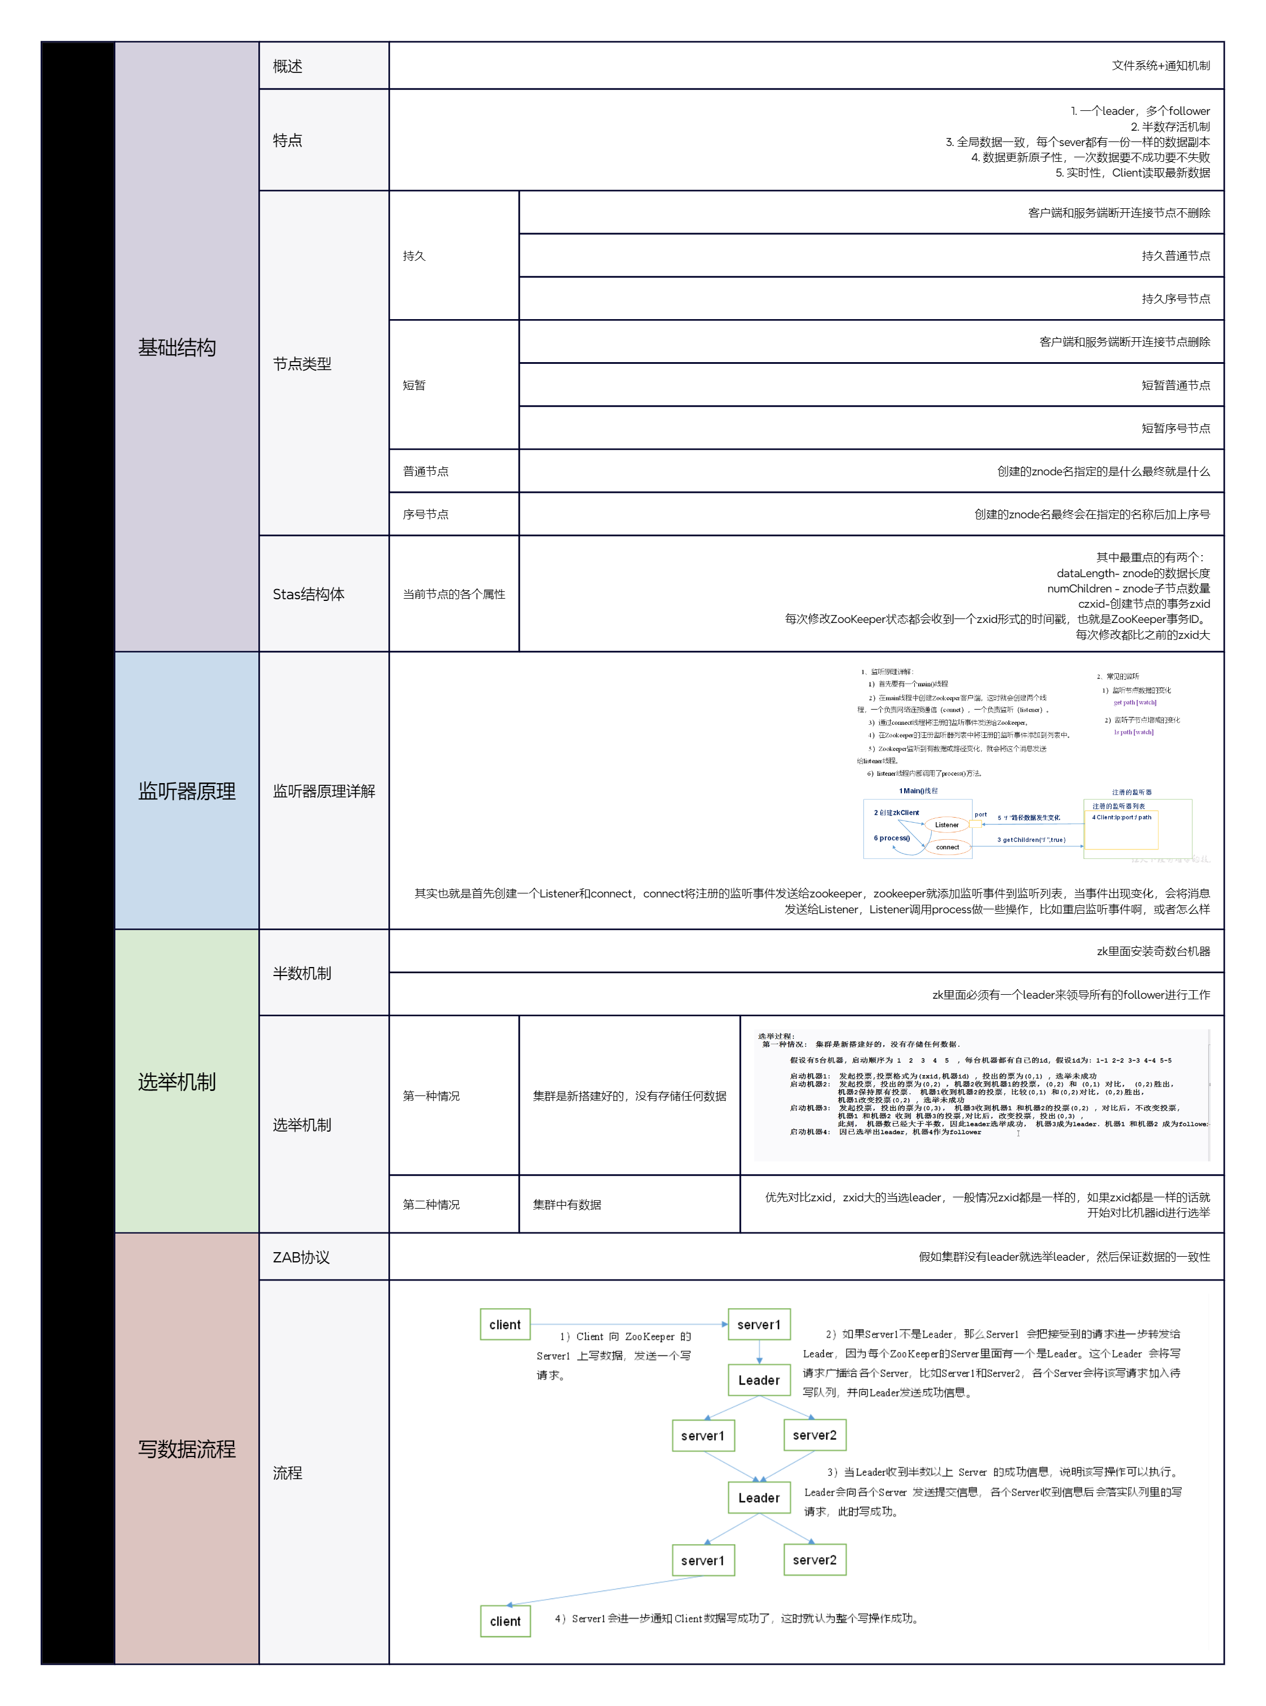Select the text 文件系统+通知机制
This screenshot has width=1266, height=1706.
pos(1160,66)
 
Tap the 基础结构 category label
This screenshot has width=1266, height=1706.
pos(177,347)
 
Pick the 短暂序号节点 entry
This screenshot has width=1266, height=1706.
pos(1176,428)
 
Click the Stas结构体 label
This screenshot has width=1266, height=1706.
pos(308,594)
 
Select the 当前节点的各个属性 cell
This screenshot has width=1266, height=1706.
pos(453,594)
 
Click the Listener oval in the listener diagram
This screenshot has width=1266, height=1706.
pos(947,825)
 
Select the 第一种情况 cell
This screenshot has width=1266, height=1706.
pos(431,1095)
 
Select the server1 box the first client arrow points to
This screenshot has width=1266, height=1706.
pos(759,1324)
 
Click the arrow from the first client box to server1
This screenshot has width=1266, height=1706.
pos(628,1324)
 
